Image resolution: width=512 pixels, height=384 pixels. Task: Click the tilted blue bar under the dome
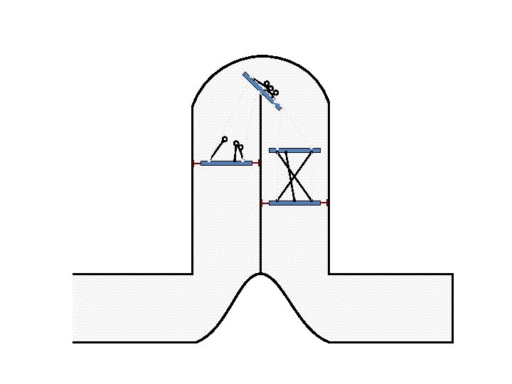point(262,91)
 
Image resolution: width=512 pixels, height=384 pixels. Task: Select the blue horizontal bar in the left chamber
point(226,163)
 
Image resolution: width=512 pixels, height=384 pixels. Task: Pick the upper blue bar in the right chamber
point(294,150)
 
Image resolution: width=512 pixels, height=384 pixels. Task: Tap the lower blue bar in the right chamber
point(294,203)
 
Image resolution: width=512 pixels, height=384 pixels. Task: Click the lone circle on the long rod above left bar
point(225,139)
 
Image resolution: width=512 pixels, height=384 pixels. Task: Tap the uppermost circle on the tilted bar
point(267,84)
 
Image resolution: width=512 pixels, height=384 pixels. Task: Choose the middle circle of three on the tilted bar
point(271,88)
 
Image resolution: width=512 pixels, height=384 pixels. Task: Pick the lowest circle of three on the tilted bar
point(276,92)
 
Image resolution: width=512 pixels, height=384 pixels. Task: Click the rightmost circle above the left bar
point(240,147)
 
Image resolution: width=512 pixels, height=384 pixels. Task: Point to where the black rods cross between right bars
point(294,178)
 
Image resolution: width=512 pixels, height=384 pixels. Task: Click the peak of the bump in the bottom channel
point(260,274)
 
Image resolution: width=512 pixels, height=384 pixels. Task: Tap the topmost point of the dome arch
point(260,55)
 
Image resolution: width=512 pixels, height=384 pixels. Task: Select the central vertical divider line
point(260,213)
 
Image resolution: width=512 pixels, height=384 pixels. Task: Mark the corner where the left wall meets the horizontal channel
point(193,274)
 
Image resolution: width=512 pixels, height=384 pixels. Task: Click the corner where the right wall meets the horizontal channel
point(329,274)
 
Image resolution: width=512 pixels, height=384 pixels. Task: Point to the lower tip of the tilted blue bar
point(279,109)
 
